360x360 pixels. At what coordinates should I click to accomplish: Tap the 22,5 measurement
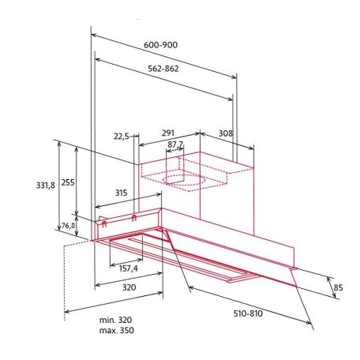(x=121, y=137)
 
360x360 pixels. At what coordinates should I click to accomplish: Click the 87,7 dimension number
(x=174, y=144)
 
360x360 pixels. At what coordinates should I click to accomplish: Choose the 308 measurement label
(x=226, y=134)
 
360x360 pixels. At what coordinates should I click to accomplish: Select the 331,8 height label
(x=46, y=185)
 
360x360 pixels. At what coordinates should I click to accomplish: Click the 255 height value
(x=68, y=182)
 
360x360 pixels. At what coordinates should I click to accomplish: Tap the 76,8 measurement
(x=68, y=227)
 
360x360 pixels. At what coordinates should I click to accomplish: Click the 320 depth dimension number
(x=129, y=288)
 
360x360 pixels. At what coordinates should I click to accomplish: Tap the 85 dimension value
(x=339, y=287)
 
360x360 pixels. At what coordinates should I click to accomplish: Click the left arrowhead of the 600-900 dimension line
(x=94, y=36)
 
